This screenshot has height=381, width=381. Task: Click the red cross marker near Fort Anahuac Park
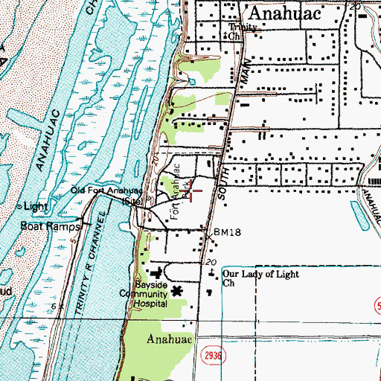point(191,191)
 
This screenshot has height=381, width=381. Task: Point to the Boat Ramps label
point(42,225)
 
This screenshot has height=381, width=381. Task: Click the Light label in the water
point(34,205)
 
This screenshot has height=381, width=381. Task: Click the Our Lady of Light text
point(260,274)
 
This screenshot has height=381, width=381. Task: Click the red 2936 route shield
point(211,359)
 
